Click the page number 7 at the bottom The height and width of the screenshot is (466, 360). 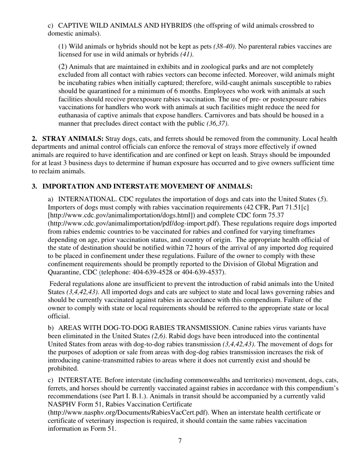(180, 441)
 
